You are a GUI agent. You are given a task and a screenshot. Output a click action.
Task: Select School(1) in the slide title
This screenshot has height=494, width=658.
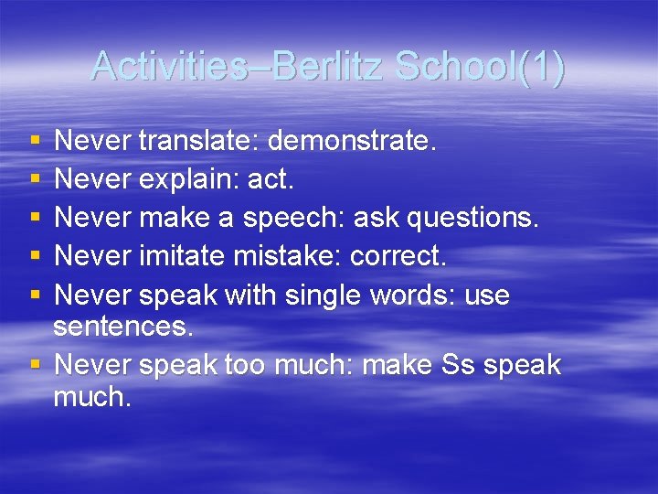(481, 66)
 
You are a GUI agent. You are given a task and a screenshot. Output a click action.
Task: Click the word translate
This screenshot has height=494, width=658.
(197, 141)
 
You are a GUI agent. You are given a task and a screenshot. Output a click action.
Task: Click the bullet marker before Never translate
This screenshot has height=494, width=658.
(35, 142)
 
